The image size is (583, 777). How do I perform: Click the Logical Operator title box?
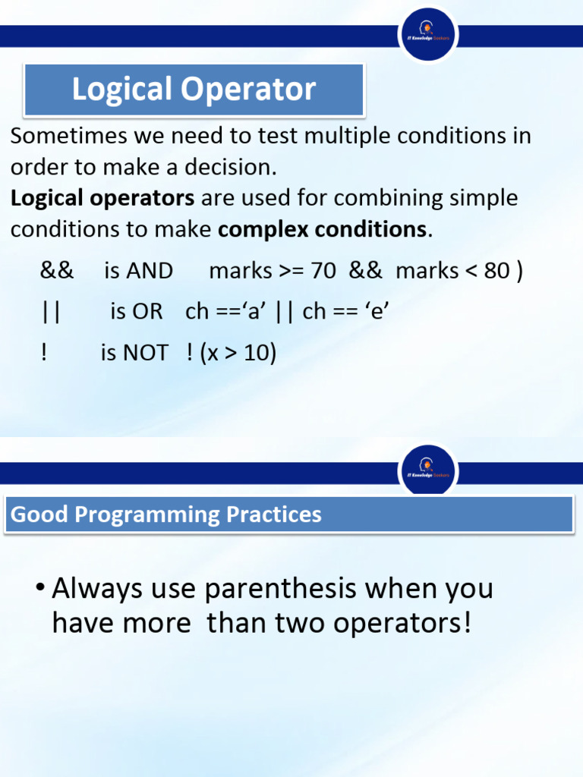click(x=194, y=90)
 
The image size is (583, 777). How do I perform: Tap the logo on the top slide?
click(x=428, y=35)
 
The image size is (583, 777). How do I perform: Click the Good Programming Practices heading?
click(x=166, y=514)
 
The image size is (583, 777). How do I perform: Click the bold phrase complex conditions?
click(x=323, y=229)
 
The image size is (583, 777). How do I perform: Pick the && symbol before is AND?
click(x=57, y=271)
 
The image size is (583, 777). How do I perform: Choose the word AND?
click(x=150, y=271)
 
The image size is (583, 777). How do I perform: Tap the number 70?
click(x=323, y=271)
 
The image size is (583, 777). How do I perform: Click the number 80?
click(x=496, y=271)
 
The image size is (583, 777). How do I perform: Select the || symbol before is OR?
click(x=52, y=312)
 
